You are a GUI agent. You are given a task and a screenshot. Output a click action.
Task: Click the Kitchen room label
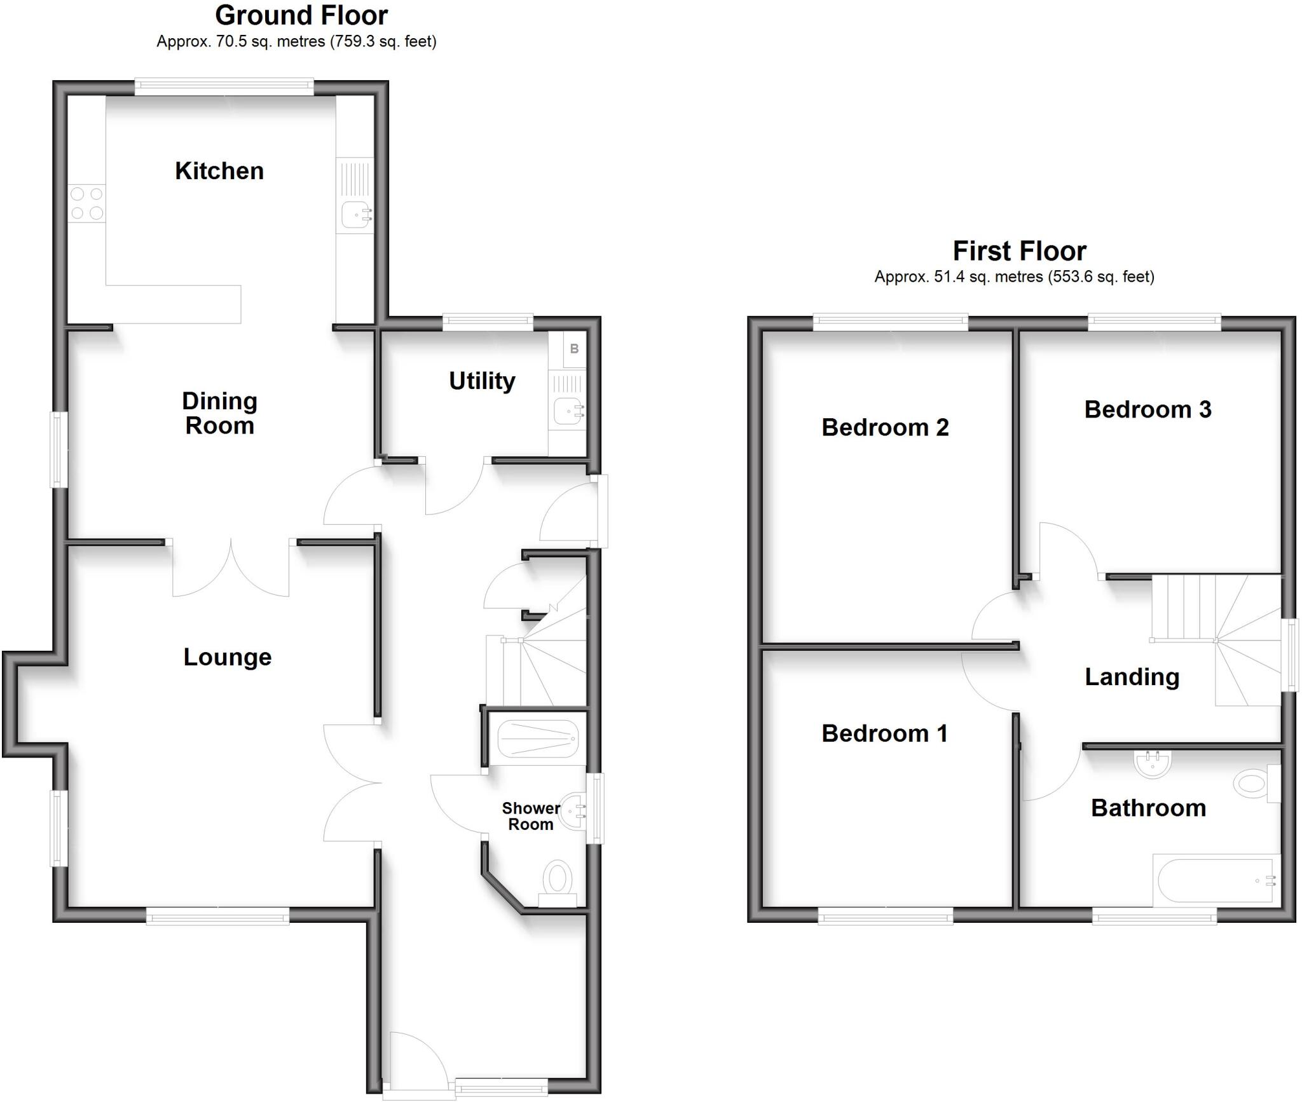coord(219,171)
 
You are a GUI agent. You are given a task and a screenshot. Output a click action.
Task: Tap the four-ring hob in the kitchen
coord(87,203)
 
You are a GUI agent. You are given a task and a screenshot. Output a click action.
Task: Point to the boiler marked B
coord(575,348)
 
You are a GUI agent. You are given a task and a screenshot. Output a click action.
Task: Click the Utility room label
coord(482,381)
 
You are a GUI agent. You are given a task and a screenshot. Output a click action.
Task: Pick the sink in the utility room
coord(567,411)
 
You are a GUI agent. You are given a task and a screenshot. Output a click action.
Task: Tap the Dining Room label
coord(219,413)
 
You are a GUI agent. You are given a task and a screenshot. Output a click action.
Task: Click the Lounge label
coord(228,657)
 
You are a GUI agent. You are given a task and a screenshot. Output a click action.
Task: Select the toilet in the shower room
coord(558,879)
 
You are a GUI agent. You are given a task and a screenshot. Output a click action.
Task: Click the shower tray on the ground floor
coord(538,738)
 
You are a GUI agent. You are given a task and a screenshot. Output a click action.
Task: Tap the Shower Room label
coord(531,816)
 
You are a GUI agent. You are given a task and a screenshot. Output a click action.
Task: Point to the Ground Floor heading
coord(301,15)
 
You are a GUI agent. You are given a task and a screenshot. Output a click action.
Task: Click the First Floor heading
coord(1019,251)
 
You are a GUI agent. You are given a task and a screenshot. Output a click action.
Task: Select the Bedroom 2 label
coord(885,427)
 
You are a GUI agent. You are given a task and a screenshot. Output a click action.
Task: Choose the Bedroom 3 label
coord(1148,409)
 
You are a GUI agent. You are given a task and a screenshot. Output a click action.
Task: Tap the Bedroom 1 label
coord(884,733)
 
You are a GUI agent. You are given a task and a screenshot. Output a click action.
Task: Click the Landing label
coord(1132,677)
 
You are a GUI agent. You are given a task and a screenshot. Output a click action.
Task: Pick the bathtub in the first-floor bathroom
coord(1216,880)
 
